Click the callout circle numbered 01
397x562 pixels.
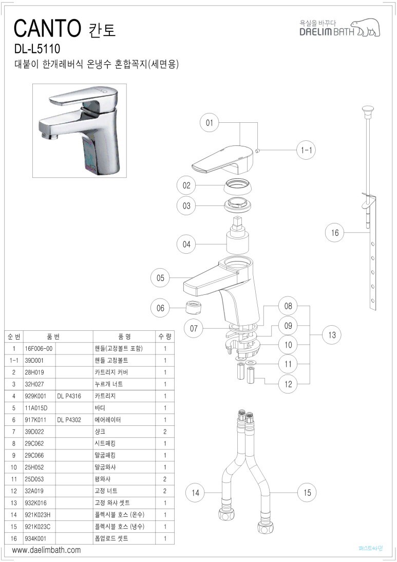point(209,123)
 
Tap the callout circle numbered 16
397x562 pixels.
point(335,233)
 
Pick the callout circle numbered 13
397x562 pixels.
point(332,335)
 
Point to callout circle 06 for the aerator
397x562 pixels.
point(161,308)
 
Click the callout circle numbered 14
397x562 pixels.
point(195,493)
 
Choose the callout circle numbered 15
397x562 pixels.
point(307,493)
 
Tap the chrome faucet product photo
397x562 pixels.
point(80,130)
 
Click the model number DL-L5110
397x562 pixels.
point(37,49)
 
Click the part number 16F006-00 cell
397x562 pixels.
point(39,348)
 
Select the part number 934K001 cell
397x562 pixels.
point(36,538)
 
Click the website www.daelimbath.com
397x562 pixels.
point(46,550)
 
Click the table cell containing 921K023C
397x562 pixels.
point(39,527)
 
